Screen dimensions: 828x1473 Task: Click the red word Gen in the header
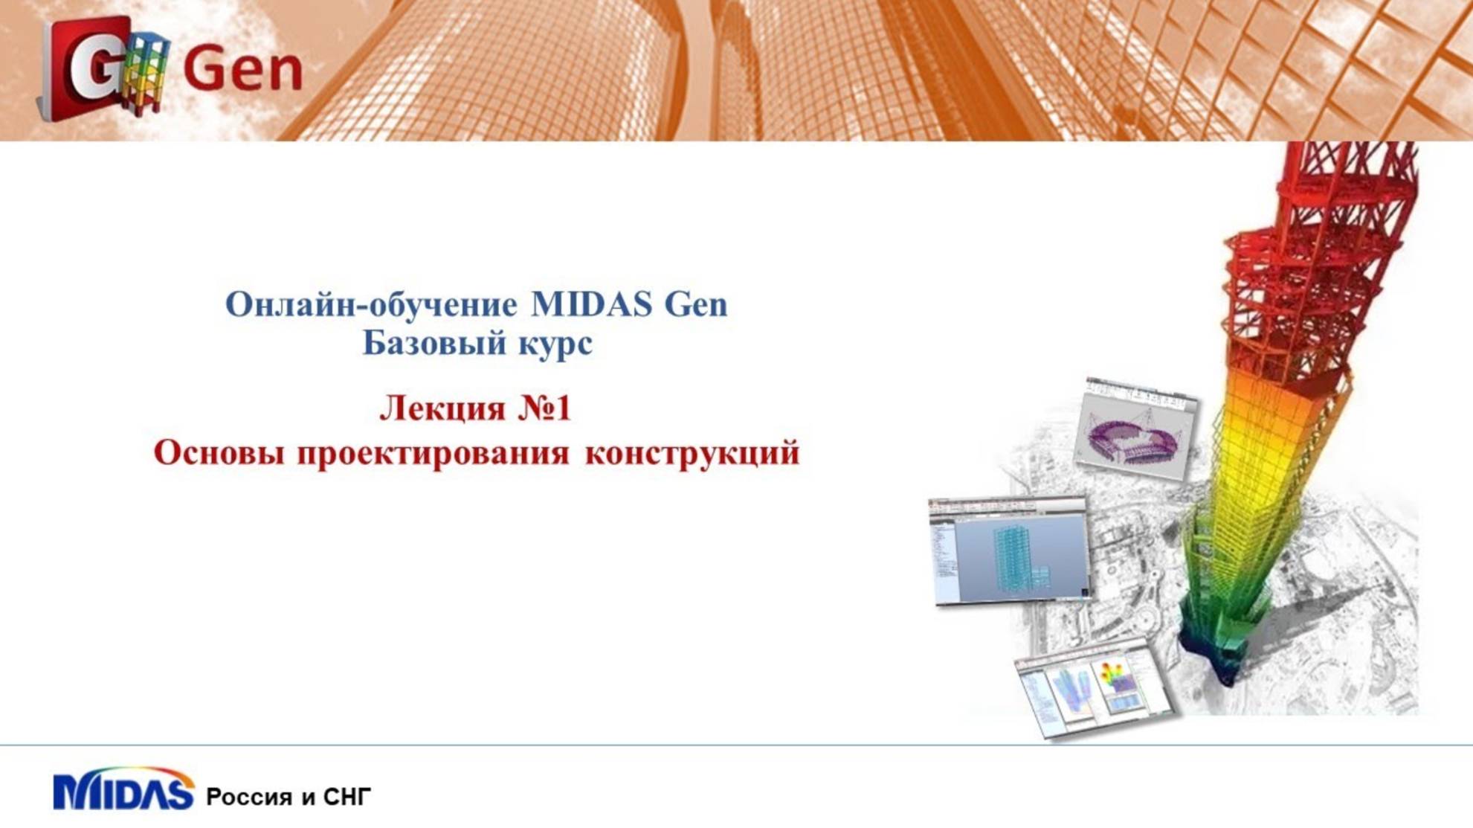[x=242, y=69]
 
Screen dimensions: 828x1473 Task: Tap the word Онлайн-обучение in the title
[x=371, y=305]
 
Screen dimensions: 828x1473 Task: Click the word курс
[x=555, y=344]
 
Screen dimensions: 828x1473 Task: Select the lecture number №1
[x=545, y=408]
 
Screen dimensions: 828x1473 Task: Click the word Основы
[x=219, y=453]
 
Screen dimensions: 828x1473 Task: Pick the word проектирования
[x=433, y=453]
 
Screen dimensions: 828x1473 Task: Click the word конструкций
[x=692, y=453]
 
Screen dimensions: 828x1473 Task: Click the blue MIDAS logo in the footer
[x=123, y=792]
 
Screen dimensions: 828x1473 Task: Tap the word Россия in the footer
[x=249, y=797]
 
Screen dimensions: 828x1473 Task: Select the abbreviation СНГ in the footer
[x=347, y=797]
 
